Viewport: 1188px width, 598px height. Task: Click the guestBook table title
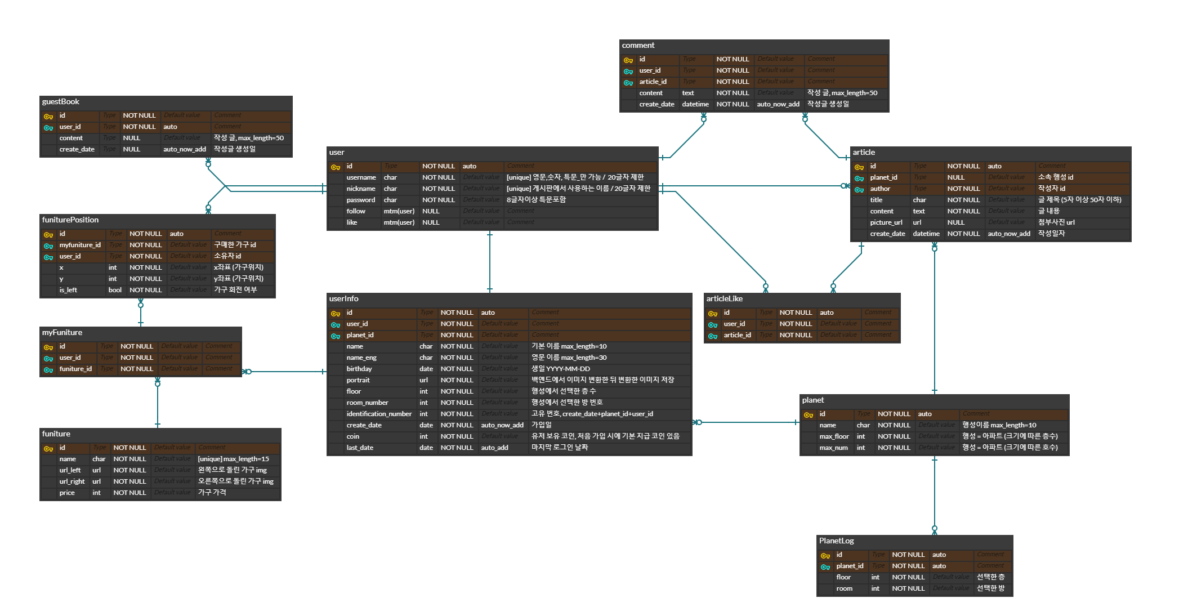click(x=61, y=102)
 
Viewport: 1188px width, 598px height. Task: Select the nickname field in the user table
click(x=361, y=189)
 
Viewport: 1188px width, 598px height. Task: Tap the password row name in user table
click(x=361, y=200)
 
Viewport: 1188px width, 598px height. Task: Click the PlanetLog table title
click(x=837, y=541)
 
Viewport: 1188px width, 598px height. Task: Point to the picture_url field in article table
click(x=886, y=222)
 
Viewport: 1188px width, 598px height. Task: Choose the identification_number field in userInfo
click(x=379, y=414)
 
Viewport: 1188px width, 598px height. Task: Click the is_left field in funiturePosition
click(x=68, y=290)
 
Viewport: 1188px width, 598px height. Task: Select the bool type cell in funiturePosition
click(x=115, y=290)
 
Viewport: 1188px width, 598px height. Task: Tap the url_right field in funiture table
click(x=72, y=481)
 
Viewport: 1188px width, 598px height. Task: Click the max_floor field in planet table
click(x=834, y=436)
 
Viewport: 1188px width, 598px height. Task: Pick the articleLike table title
click(x=725, y=299)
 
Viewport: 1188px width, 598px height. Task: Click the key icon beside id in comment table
click(x=628, y=60)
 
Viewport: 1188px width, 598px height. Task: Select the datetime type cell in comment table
click(x=695, y=104)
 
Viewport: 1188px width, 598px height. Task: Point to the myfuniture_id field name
click(x=80, y=245)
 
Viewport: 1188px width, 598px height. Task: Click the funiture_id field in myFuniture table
click(x=75, y=369)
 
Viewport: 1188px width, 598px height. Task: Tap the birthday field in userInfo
click(x=359, y=369)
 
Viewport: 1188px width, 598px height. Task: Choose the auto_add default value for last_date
click(x=495, y=448)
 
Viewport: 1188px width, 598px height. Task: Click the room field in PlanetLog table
click(x=845, y=588)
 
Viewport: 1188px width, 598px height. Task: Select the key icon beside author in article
click(x=859, y=190)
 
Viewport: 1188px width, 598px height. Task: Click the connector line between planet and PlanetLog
click(x=935, y=496)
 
